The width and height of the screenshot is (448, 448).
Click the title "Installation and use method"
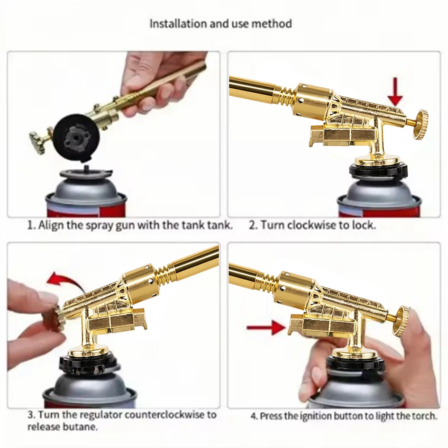220,23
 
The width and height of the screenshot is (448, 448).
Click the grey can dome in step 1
86,186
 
